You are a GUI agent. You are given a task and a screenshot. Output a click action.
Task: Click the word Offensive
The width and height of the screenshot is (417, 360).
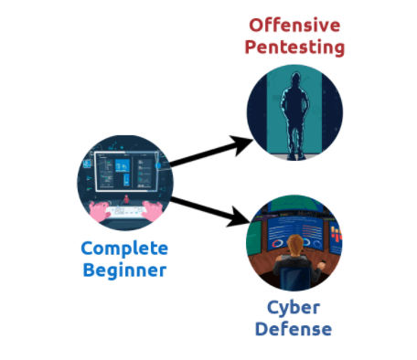click(294, 25)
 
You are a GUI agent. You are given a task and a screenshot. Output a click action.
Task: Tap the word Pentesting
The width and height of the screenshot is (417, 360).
click(294, 48)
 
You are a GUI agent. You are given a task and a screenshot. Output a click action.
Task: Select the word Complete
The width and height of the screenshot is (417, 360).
click(124, 249)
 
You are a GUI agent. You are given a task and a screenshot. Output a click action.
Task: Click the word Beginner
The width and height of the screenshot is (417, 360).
click(124, 270)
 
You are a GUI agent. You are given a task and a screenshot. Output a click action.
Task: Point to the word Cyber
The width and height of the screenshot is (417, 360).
click(294, 308)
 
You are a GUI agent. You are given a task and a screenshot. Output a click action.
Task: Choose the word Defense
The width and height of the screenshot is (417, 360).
click(294, 329)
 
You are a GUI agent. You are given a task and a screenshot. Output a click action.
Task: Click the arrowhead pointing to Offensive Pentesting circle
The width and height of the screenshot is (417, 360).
click(241, 144)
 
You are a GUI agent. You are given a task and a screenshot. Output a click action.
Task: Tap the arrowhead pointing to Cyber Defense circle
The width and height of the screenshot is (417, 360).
click(238, 217)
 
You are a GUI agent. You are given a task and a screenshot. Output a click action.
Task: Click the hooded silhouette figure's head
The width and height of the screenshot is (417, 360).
click(295, 79)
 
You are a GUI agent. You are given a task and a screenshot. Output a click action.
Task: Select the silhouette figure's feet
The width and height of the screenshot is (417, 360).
click(296, 156)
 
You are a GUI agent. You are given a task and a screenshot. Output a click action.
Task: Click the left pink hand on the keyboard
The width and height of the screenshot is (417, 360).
click(100, 210)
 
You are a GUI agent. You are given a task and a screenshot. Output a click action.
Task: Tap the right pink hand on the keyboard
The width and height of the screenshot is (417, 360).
click(153, 210)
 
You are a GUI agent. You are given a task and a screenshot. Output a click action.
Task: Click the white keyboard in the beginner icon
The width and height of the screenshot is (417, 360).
click(125, 212)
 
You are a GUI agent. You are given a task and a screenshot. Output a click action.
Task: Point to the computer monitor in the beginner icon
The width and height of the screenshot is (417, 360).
click(126, 172)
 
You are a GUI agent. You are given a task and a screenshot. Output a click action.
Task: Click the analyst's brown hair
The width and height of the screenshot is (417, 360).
click(295, 244)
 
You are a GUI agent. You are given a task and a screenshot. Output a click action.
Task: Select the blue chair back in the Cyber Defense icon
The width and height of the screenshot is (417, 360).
click(294, 278)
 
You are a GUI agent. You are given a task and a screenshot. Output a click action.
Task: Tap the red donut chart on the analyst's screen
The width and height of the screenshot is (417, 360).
click(278, 243)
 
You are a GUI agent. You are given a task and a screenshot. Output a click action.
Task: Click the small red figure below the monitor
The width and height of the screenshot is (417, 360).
click(126, 199)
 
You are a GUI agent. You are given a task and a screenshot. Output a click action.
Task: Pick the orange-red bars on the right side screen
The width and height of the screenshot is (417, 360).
click(337, 233)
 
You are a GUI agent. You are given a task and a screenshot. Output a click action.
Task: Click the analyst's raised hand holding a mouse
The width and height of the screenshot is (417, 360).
click(321, 264)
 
